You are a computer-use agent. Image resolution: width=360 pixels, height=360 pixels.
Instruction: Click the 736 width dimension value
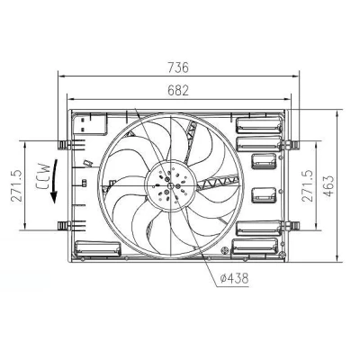[178, 67]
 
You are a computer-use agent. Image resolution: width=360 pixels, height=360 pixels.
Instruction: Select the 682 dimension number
[178, 90]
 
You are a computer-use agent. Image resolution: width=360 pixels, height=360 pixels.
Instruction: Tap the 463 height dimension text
[328, 186]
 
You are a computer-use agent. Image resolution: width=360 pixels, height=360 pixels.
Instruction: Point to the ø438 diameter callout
[235, 279]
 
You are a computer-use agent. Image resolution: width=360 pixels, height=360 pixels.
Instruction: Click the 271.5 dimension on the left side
[16, 185]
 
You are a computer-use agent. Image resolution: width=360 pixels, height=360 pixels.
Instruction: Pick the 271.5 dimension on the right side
[307, 185]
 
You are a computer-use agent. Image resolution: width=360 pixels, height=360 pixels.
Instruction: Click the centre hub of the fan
[170, 186]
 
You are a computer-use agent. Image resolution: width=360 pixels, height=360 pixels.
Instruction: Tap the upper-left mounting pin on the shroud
[63, 145]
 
